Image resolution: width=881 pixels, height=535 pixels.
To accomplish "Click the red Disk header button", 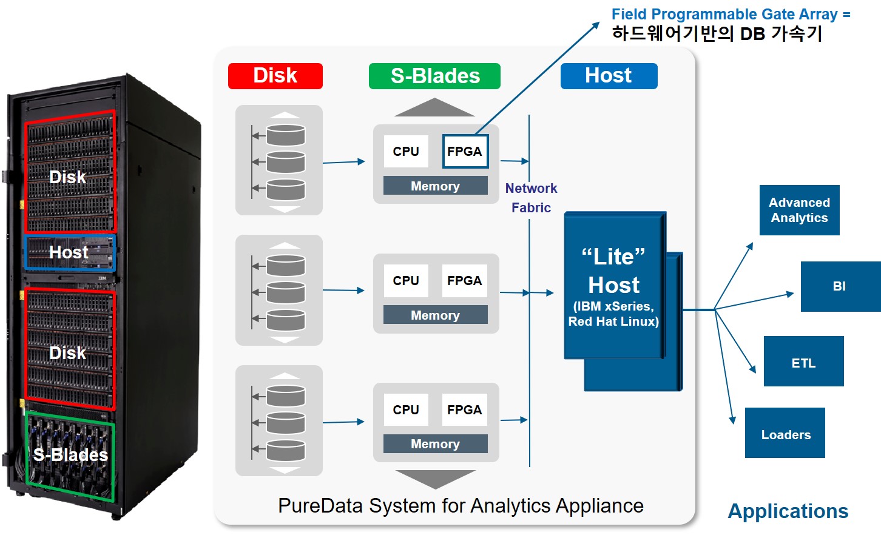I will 275,76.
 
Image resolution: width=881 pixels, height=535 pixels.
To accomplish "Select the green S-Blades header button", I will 434,76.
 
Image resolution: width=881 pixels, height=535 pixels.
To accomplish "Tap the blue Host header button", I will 609,76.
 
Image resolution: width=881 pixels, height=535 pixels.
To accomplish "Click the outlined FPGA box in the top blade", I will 465,152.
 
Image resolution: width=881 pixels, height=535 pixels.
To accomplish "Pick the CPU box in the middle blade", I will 406,281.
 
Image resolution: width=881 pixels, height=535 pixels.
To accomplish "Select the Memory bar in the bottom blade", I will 435,444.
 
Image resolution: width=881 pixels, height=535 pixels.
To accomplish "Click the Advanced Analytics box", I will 799,210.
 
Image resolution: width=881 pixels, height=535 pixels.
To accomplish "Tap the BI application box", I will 840,286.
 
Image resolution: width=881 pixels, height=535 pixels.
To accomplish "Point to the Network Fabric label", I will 531,198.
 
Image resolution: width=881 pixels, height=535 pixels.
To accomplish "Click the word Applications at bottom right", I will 788,511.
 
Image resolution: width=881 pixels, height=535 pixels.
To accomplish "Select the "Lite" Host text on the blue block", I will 613,271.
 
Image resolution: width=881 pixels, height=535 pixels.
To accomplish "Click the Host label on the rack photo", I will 69,252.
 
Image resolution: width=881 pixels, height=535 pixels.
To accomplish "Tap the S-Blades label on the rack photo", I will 70,455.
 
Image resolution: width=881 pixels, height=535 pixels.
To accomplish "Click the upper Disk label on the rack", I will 67,177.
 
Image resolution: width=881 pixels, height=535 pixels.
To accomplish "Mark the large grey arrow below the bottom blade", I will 435,479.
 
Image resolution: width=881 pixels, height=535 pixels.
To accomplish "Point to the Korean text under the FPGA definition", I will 716,34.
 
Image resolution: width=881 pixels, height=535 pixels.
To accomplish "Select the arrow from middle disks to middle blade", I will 343,291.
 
